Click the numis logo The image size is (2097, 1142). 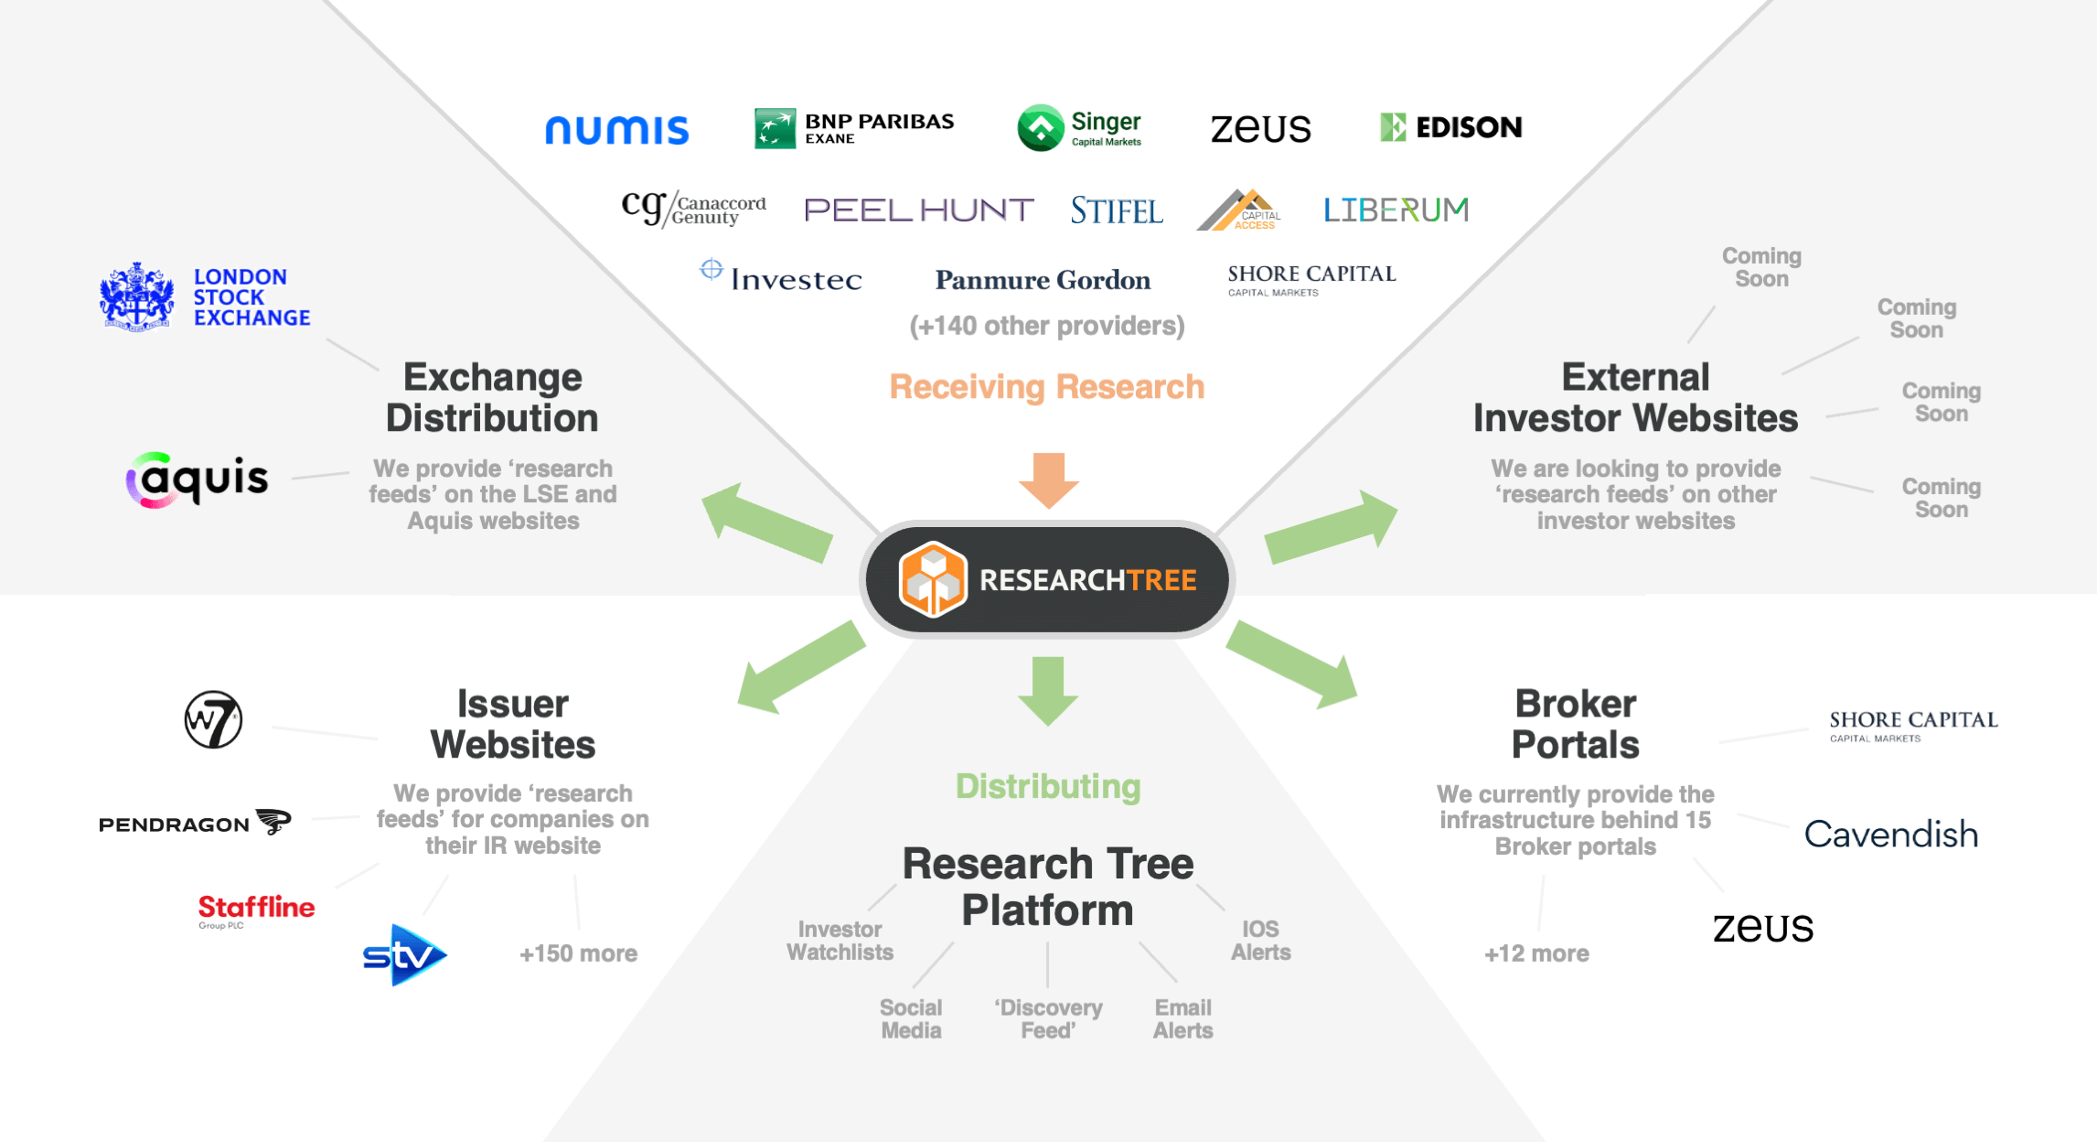[616, 130]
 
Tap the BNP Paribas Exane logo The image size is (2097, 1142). [853, 128]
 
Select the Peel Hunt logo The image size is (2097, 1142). [918, 210]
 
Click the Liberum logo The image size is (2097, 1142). [1396, 210]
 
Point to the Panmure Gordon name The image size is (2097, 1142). [1043, 280]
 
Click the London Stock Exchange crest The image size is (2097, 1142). [136, 296]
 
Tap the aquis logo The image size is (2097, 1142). [198, 479]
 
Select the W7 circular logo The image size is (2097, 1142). [213, 719]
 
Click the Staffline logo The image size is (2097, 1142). [256, 909]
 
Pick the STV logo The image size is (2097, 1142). [404, 955]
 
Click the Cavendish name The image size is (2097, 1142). [1890, 835]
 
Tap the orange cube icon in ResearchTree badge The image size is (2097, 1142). [932, 579]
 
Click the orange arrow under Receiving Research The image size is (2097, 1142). [1049, 479]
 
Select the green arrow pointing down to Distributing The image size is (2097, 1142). [1048, 690]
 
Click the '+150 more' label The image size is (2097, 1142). [578, 953]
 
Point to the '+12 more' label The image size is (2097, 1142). [1536, 953]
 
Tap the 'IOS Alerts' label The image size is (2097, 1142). [1260, 941]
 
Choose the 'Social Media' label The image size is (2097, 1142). [911, 1018]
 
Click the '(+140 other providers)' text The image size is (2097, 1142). [1047, 326]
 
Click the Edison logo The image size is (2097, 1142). [1450, 127]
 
